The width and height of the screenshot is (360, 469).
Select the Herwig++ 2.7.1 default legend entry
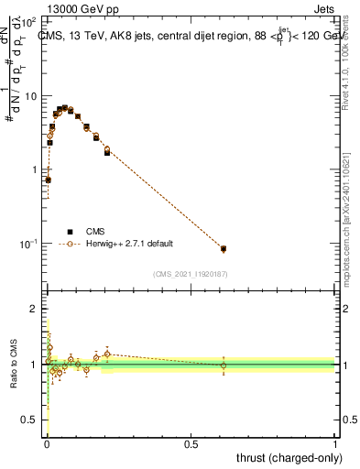coord(129,245)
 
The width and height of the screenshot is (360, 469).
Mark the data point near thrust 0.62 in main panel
coord(224,248)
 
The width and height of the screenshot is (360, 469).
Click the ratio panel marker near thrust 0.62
coord(224,365)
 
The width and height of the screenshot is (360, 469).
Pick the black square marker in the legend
coord(70,232)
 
